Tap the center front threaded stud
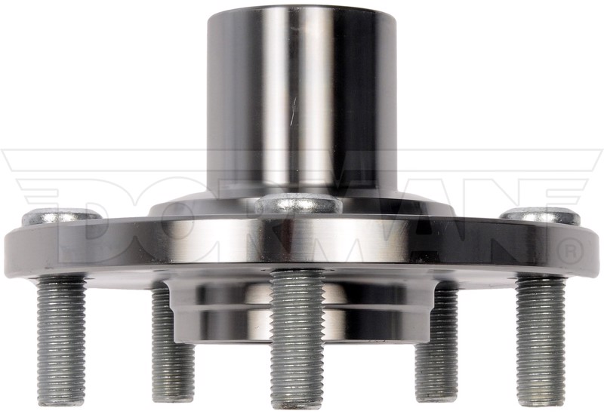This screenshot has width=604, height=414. (x=297, y=339)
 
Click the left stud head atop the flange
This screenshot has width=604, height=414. (x=62, y=217)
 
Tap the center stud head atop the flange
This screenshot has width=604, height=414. (x=298, y=204)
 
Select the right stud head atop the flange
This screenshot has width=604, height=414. (x=541, y=216)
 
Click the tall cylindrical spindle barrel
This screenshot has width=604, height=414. (x=296, y=100)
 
